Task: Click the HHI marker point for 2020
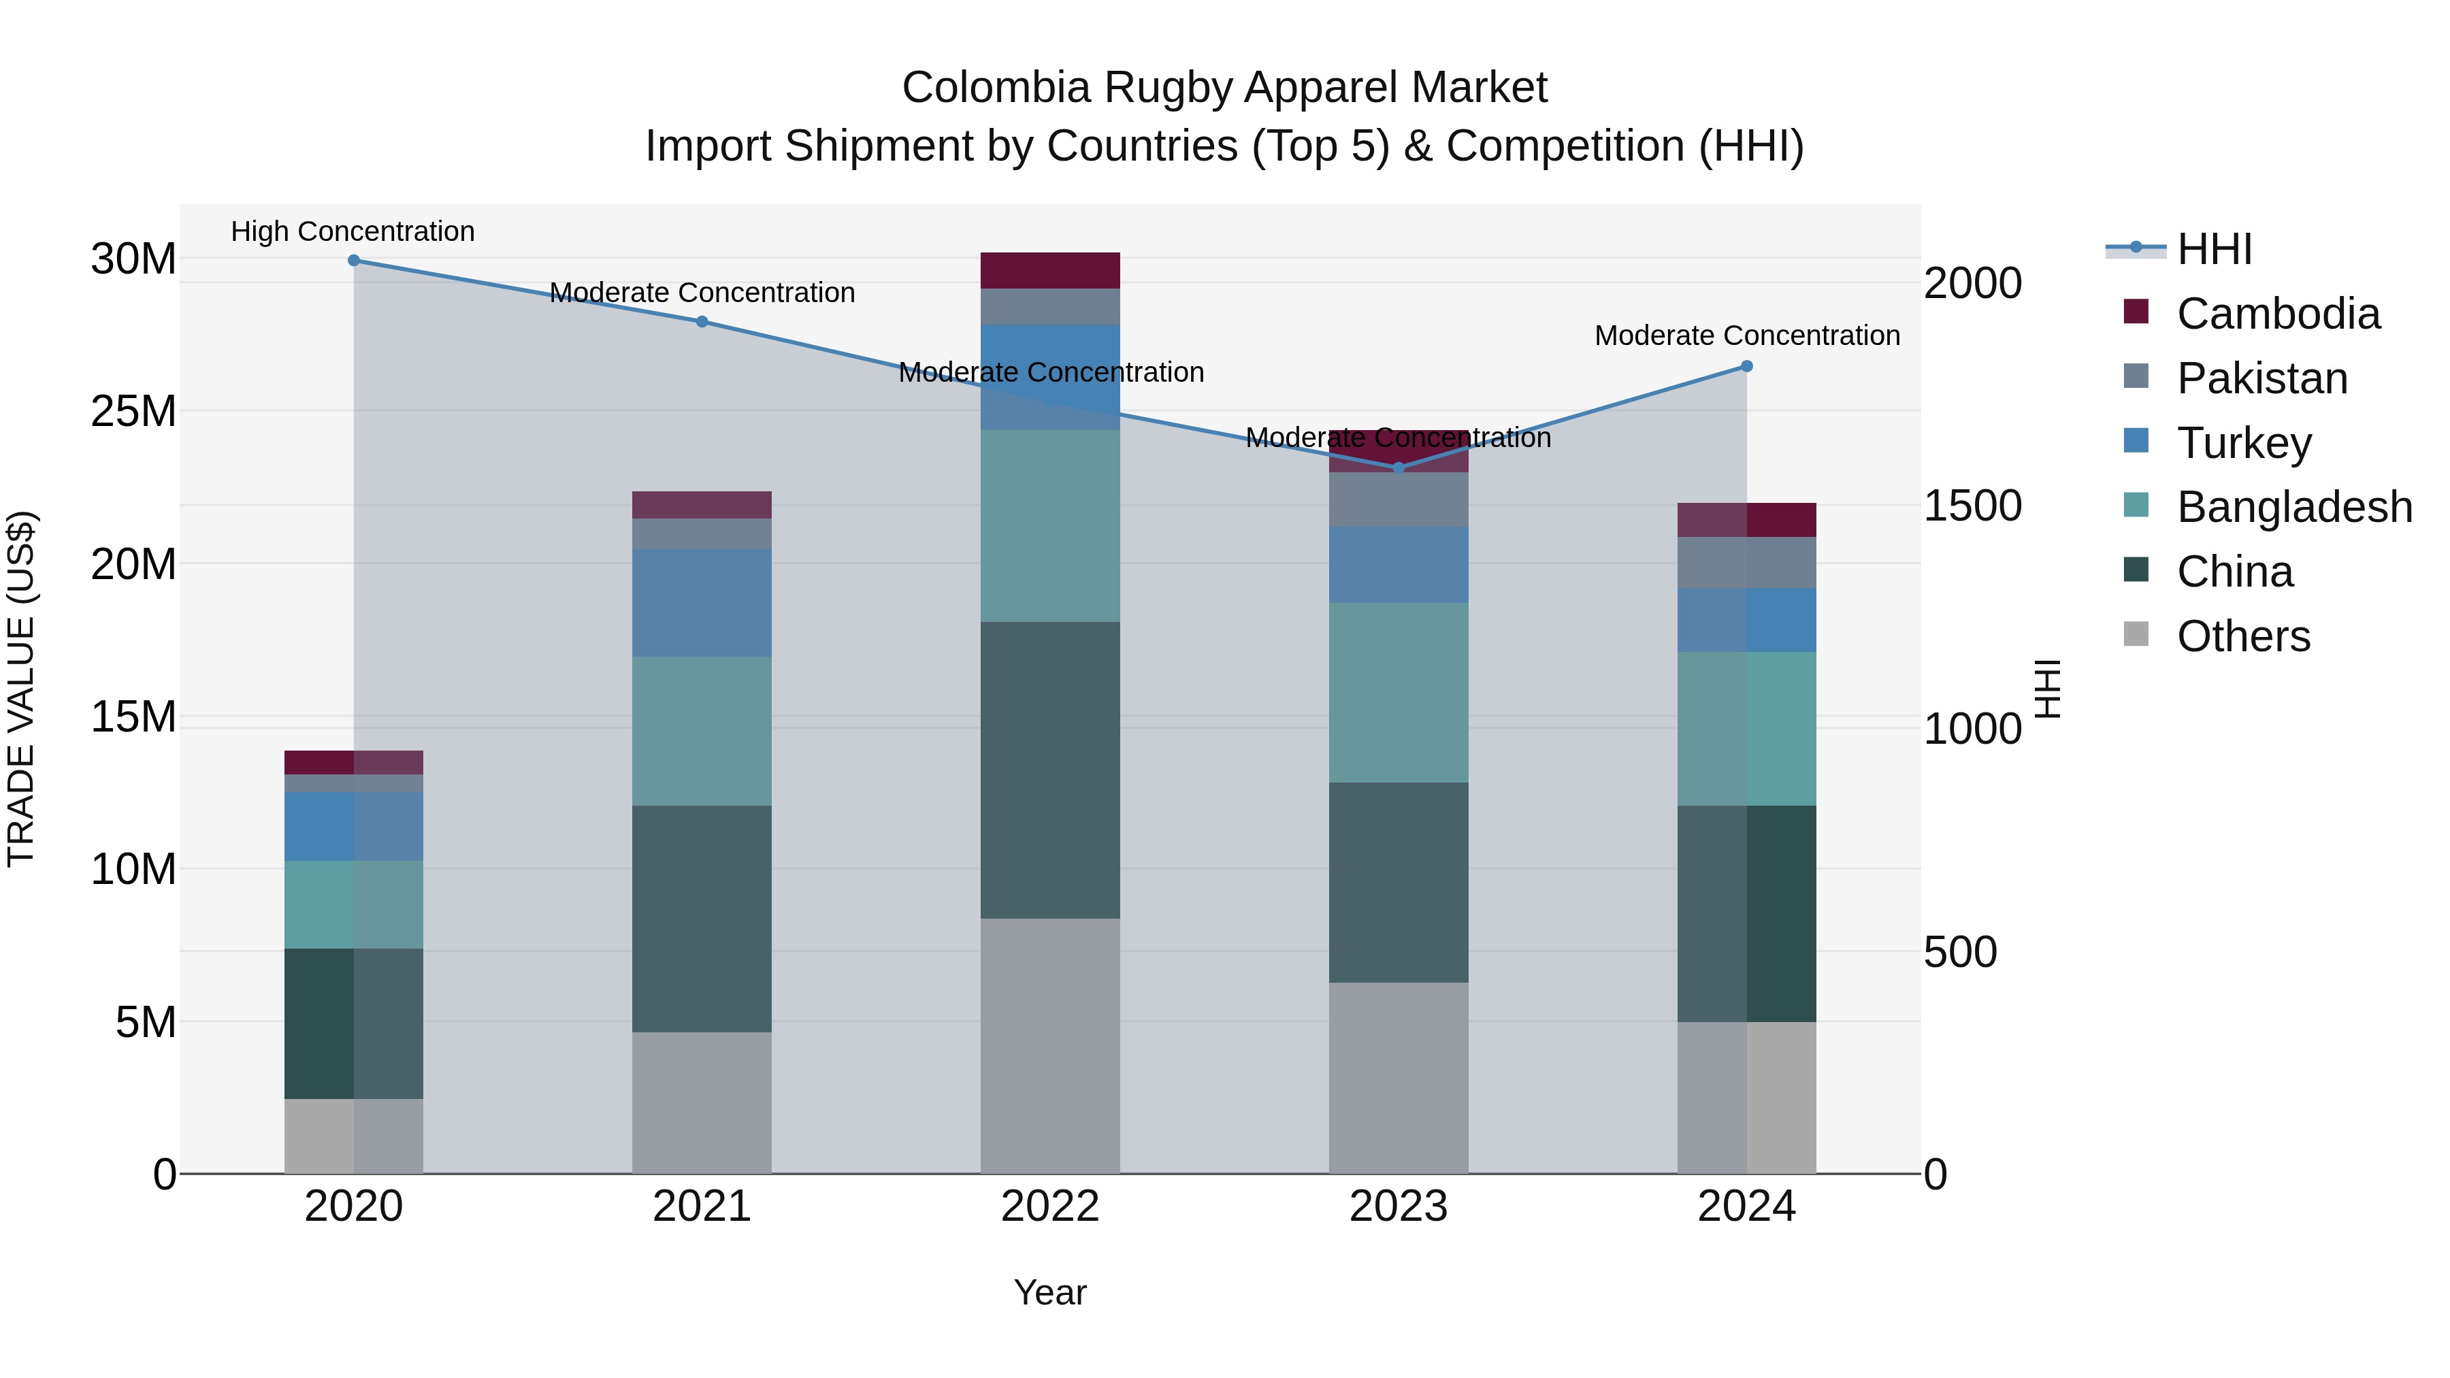point(354,261)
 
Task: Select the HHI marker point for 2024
point(1746,366)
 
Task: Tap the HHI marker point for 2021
point(702,321)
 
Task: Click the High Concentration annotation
point(353,231)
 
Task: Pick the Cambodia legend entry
point(2278,314)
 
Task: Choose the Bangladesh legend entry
point(2294,507)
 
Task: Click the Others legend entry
point(2242,636)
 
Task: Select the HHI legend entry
point(2214,249)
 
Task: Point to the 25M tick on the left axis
point(133,412)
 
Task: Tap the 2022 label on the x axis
point(1050,1207)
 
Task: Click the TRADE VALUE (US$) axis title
point(21,689)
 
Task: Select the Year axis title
point(1050,1292)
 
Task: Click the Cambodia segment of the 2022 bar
point(1050,271)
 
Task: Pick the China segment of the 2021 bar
point(702,919)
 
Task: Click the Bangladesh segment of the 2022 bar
point(1050,526)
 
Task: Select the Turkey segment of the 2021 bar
point(702,603)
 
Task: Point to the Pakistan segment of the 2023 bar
point(1398,500)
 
